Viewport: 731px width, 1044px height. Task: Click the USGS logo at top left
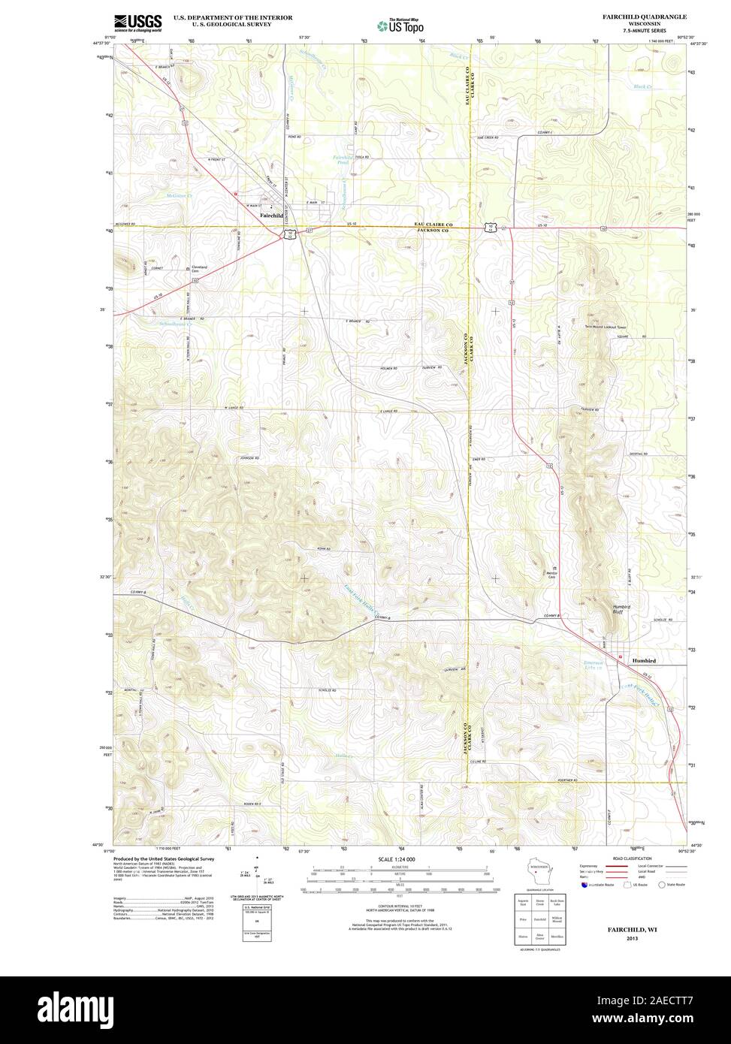(x=137, y=23)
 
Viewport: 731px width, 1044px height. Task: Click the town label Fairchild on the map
(x=270, y=216)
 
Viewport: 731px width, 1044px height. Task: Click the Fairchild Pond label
(x=343, y=159)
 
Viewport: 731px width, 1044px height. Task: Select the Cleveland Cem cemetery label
(x=199, y=269)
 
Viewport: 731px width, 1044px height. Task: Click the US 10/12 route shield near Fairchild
(x=289, y=234)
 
